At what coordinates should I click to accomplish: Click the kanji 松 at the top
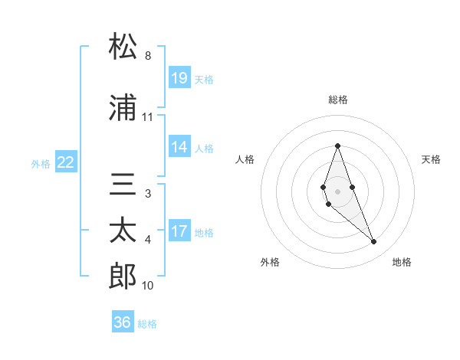pos(123,47)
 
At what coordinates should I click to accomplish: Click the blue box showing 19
pos(179,77)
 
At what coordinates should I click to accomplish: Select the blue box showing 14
pos(179,147)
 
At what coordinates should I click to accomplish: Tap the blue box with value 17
pos(179,231)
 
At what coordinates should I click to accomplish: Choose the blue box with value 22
pos(66,162)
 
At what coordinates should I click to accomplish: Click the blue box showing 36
pos(123,322)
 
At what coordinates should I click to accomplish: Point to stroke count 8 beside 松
pos(148,56)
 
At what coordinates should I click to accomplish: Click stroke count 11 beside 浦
pos(148,117)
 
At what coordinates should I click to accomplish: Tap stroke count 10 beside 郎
pos(148,286)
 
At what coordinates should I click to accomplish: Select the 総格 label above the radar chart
pos(338,100)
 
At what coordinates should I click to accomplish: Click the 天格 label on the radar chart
pos(431,159)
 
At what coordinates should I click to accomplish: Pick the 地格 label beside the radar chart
pos(402,262)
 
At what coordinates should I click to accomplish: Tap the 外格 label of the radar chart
pos(270,262)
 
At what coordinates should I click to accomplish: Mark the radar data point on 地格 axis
pos(374,241)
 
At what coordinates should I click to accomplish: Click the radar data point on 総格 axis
pos(337,146)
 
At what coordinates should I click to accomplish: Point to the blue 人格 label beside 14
pos(204,148)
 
